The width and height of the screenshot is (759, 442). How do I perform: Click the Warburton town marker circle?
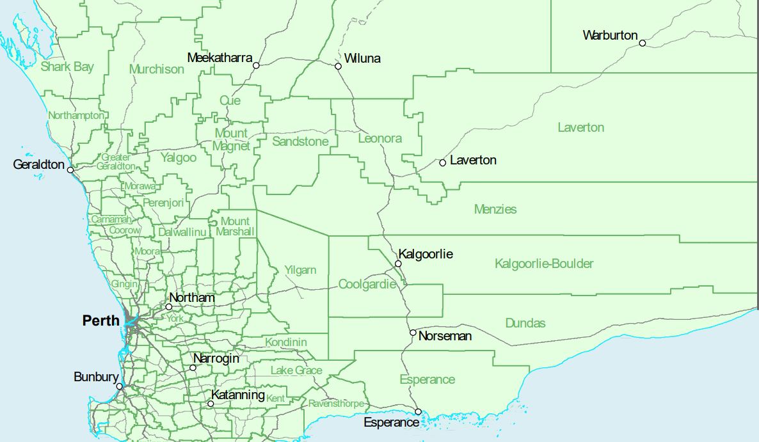pyautogui.click(x=642, y=43)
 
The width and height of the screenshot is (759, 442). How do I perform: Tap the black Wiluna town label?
pyautogui.click(x=362, y=59)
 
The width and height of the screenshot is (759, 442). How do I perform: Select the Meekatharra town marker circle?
pyautogui.click(x=256, y=65)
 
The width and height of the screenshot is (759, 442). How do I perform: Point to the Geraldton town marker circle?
pyautogui.click(x=70, y=170)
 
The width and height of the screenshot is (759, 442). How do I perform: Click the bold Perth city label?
pyautogui.click(x=100, y=320)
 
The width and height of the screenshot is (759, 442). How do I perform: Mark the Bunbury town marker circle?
pyautogui.click(x=119, y=386)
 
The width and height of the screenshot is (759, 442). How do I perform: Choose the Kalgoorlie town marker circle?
pyautogui.click(x=398, y=264)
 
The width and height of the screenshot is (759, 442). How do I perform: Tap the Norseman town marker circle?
pyautogui.click(x=413, y=333)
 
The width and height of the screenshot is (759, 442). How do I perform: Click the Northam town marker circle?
pyautogui.click(x=169, y=307)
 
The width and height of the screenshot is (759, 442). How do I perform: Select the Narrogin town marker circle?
pyautogui.click(x=193, y=368)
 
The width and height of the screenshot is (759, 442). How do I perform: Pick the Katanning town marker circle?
pyautogui.click(x=211, y=404)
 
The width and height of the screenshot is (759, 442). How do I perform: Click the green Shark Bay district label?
pyautogui.click(x=67, y=67)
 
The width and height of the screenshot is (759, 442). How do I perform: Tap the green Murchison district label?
pyautogui.click(x=156, y=69)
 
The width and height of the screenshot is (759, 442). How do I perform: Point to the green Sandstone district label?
pyautogui.click(x=300, y=141)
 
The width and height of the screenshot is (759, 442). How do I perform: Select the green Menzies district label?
pyautogui.click(x=495, y=209)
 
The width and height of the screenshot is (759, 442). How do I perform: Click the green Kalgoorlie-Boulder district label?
pyautogui.click(x=544, y=264)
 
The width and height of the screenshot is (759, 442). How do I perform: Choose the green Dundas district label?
pyautogui.click(x=525, y=323)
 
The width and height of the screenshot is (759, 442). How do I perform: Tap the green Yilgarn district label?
pyautogui.click(x=300, y=270)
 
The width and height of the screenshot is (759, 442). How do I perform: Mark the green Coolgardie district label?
pyautogui.click(x=367, y=284)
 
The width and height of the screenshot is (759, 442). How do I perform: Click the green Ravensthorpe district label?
pyautogui.click(x=337, y=404)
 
